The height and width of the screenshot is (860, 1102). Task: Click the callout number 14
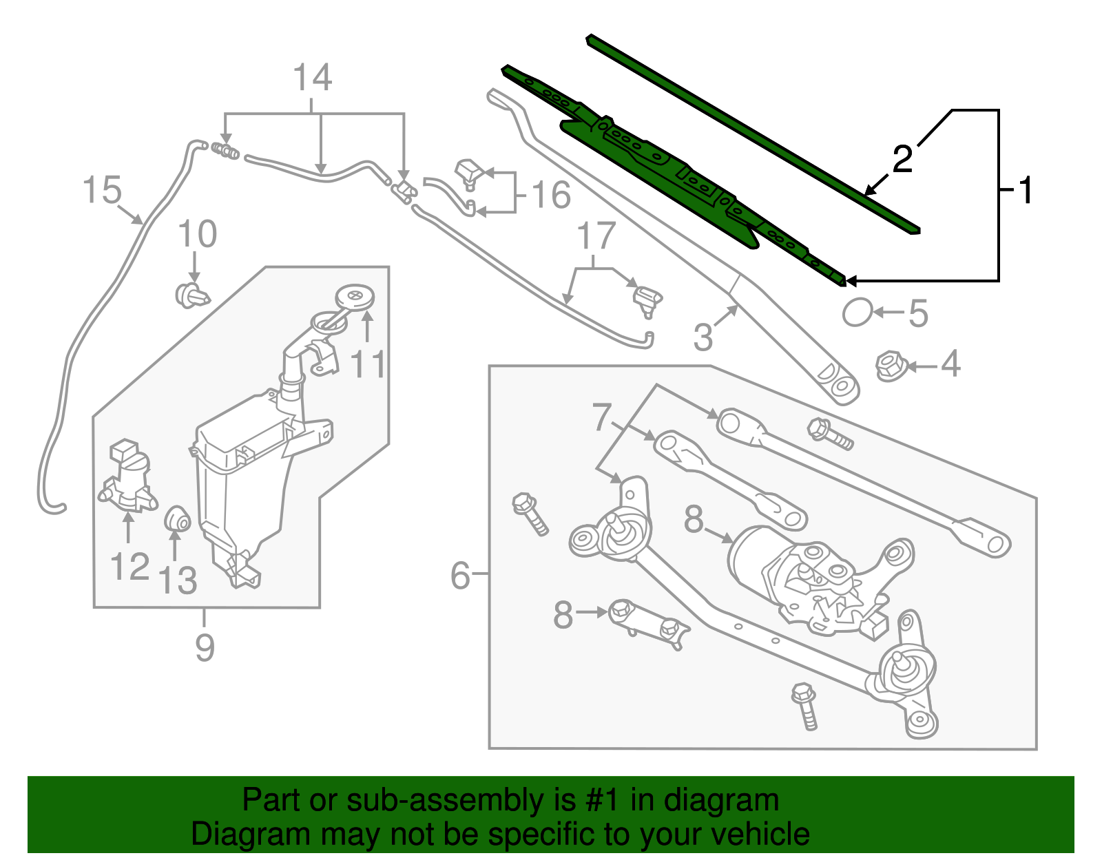(313, 78)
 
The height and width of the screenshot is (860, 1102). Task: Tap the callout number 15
(102, 190)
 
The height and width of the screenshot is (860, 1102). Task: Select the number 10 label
(198, 234)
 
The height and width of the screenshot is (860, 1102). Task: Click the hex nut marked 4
(889, 366)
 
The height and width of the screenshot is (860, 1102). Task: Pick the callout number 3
(703, 337)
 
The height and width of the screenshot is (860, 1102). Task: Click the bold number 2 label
(902, 159)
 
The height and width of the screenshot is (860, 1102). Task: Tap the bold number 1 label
(1026, 190)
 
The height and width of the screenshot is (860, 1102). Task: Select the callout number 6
(460, 575)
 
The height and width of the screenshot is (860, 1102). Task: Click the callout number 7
(601, 417)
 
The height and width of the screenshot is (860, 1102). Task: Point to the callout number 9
(205, 647)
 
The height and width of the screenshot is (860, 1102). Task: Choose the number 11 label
(368, 364)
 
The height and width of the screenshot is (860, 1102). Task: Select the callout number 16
(551, 195)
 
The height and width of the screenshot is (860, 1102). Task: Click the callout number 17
(596, 237)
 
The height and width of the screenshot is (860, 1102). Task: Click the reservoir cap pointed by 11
(355, 297)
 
